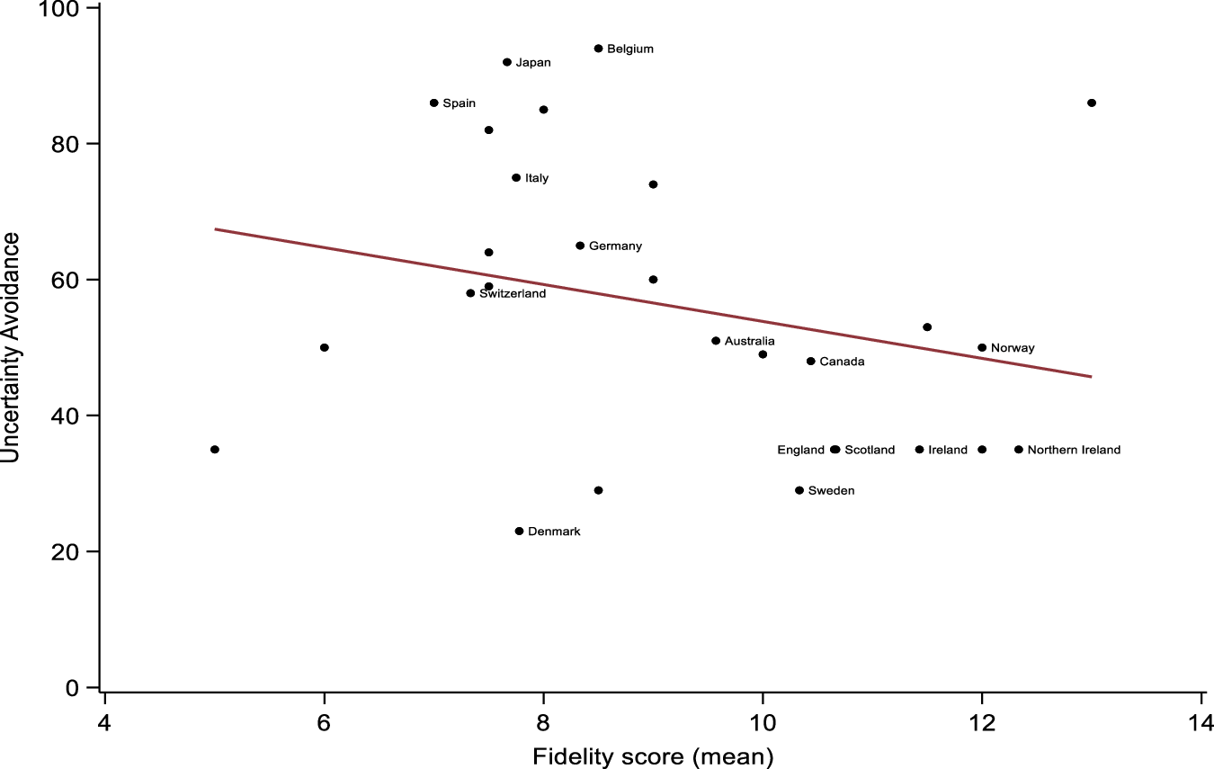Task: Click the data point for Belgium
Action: click(598, 49)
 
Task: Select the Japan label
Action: click(533, 63)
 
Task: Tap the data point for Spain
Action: click(433, 103)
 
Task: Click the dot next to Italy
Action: click(516, 178)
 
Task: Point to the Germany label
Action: click(615, 246)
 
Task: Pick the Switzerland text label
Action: click(513, 294)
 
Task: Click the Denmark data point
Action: click(519, 532)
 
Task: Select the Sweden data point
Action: click(799, 490)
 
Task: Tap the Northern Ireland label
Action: click(1074, 450)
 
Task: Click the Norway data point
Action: click(982, 348)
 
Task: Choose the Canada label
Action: click(842, 362)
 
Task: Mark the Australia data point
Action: click(716, 341)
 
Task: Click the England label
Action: click(800, 450)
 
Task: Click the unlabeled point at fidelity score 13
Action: click(1092, 103)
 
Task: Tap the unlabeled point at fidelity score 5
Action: click(215, 450)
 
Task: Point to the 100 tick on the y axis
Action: click(68, 9)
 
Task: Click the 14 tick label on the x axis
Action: click(1201, 725)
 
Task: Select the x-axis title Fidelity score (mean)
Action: click(653, 757)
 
